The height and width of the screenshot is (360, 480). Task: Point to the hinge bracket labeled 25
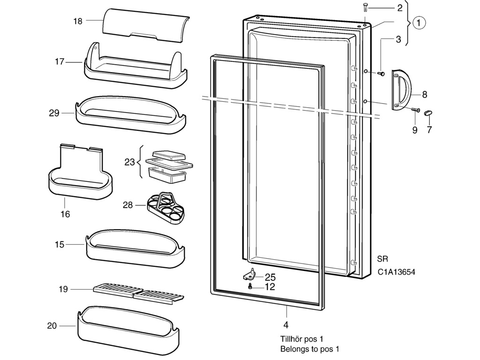tap(252, 273)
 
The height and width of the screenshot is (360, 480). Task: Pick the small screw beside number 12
tap(251, 286)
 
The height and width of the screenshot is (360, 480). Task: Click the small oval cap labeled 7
tap(428, 113)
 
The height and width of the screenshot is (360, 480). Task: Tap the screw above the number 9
tap(415, 110)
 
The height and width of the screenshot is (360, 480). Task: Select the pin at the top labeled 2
tap(365, 7)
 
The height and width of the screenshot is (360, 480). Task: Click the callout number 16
tap(65, 214)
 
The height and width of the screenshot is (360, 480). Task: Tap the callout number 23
tap(129, 162)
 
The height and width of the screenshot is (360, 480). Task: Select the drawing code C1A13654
tap(397, 272)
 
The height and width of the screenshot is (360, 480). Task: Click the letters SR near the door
tap(382, 259)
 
